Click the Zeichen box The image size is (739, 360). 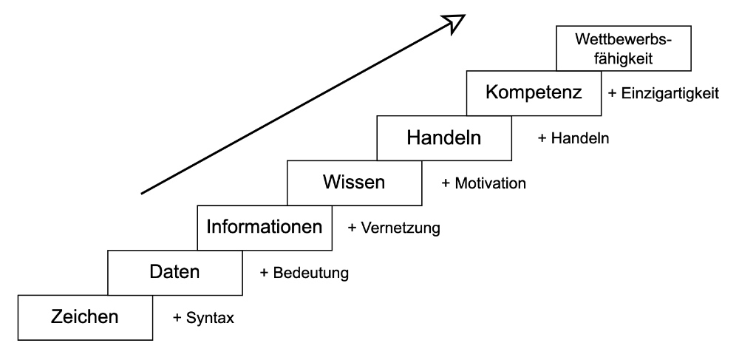(x=84, y=317)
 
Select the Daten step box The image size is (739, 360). (x=175, y=272)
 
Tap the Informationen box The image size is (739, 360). (x=265, y=227)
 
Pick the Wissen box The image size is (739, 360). (x=353, y=183)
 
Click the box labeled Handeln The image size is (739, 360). (x=443, y=138)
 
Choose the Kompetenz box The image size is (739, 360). (x=534, y=93)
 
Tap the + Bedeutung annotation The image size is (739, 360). (x=304, y=273)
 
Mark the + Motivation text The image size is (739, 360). (x=483, y=183)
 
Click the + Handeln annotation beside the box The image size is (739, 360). (x=574, y=138)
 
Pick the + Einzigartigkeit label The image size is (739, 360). (x=662, y=95)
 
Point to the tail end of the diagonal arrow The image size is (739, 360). (x=142, y=194)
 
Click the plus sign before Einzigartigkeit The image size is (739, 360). (x=611, y=95)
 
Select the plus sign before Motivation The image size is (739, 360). (x=446, y=183)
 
